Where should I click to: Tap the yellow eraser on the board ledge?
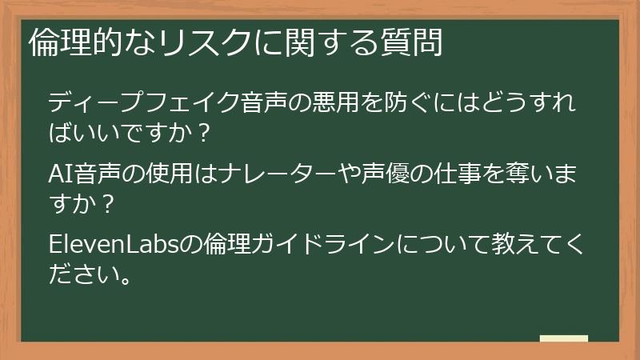click(564, 338)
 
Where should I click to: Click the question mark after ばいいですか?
click(203, 133)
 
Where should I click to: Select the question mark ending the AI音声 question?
click(108, 202)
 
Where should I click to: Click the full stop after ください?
click(121, 279)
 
